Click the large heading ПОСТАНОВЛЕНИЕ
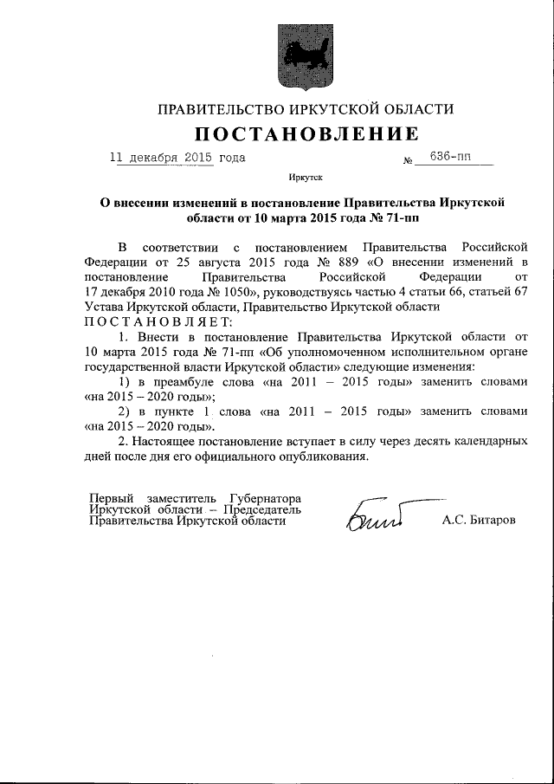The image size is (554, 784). (x=305, y=134)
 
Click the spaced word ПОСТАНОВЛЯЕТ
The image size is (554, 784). (x=153, y=322)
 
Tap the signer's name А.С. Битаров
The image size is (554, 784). (x=479, y=521)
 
